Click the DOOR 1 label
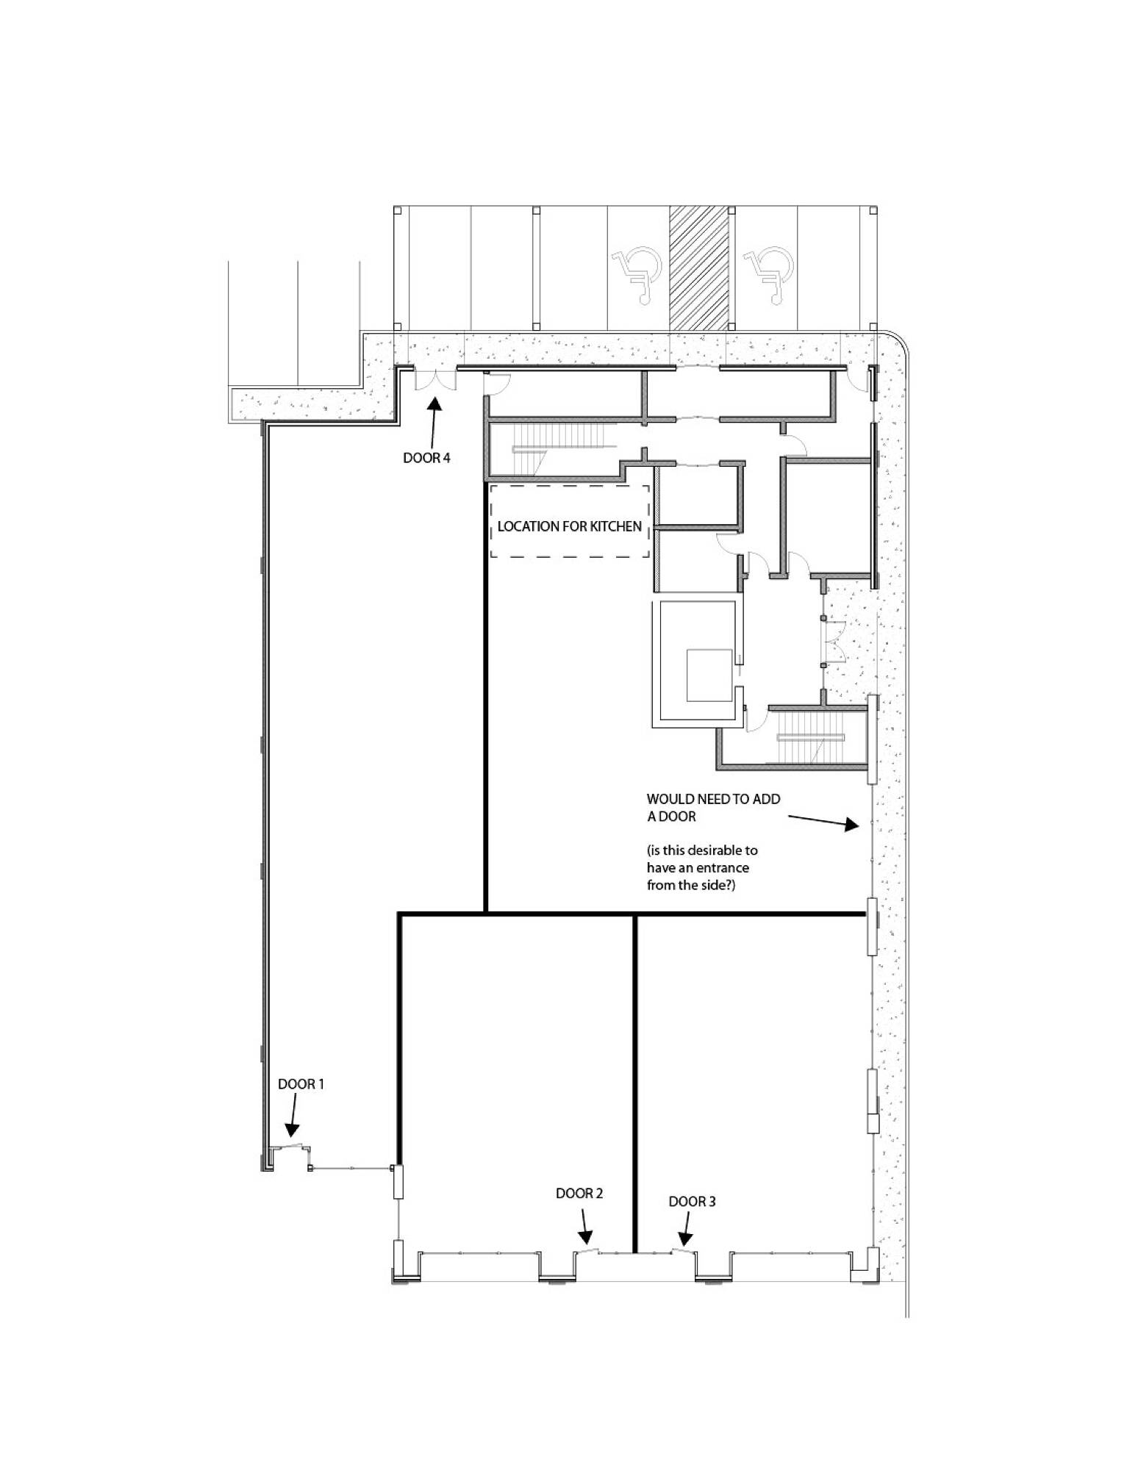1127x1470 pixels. tap(301, 1084)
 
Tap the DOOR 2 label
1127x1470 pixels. tap(579, 1193)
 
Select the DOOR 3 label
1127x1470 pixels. tap(692, 1201)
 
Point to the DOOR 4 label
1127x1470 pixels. tap(426, 458)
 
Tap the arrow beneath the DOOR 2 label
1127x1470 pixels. tap(584, 1225)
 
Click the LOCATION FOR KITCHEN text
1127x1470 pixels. tap(570, 526)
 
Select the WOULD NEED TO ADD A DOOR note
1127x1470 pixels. tap(713, 807)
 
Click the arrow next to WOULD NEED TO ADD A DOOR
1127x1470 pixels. tap(823, 821)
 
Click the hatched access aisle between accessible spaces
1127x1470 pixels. tap(698, 268)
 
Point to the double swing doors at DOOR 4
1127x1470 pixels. tap(435, 379)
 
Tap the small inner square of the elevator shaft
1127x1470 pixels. tap(709, 675)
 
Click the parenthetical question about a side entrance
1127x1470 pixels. tap(702, 867)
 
